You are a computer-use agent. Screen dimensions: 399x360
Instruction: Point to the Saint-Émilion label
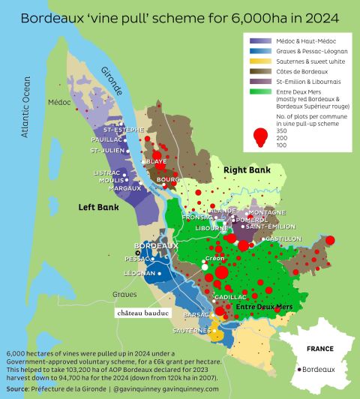(264, 227)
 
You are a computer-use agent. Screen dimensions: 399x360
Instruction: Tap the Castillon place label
(283, 238)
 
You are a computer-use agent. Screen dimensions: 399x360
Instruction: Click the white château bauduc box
(142, 312)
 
